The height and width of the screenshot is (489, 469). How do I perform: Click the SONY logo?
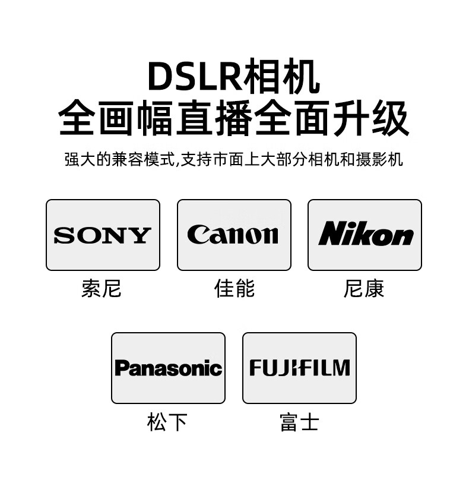click(x=103, y=235)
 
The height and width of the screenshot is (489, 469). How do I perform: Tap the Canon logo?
click(x=233, y=235)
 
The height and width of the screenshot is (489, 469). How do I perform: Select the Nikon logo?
click(x=365, y=234)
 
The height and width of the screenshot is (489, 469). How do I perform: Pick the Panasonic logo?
click(x=168, y=368)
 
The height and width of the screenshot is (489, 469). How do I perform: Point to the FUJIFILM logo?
click(x=299, y=368)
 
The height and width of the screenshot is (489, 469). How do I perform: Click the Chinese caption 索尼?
click(x=102, y=289)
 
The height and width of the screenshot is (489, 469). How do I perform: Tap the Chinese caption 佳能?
click(x=234, y=289)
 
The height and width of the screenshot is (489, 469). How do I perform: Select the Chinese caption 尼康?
click(x=364, y=289)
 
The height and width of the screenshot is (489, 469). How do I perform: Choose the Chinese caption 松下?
click(x=167, y=422)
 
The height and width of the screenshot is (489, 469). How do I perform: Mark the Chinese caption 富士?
click(x=299, y=422)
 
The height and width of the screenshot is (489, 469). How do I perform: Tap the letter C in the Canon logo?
click(x=197, y=235)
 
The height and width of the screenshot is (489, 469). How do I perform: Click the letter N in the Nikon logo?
click(x=331, y=234)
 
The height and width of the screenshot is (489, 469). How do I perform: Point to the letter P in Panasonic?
click(x=121, y=368)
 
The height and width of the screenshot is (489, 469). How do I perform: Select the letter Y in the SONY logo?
click(x=141, y=236)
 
